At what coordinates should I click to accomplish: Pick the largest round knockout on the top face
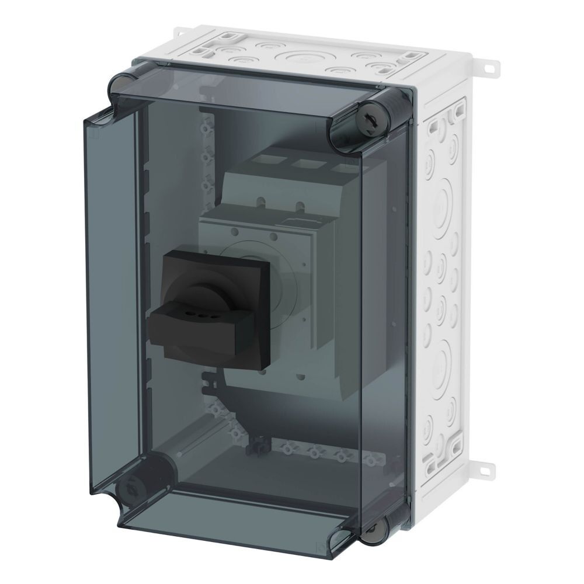[x=301, y=58]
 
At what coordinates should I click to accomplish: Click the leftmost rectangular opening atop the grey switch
[x=272, y=160]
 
